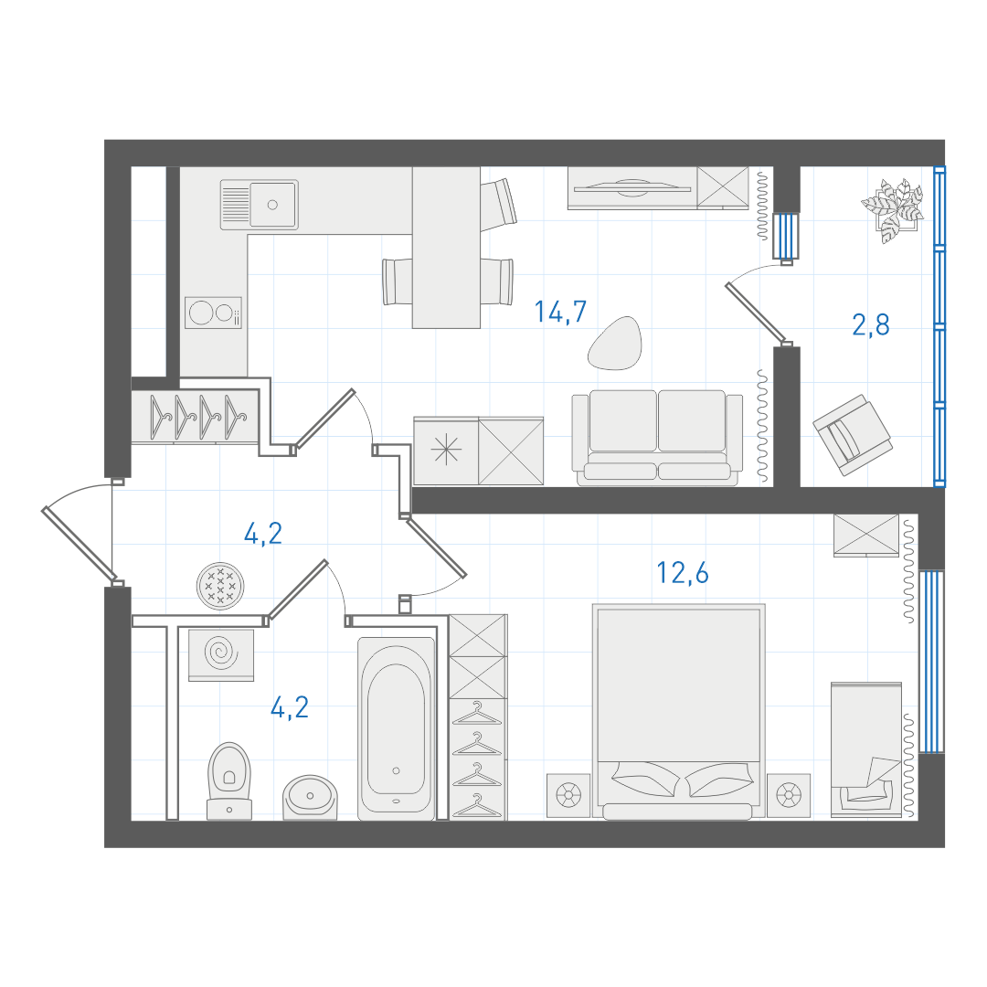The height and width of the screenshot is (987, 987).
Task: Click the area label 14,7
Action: click(x=560, y=312)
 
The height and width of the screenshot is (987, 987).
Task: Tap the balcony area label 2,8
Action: click(x=871, y=324)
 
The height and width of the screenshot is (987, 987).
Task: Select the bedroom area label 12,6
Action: click(x=683, y=573)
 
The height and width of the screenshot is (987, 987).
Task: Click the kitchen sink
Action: click(x=260, y=205)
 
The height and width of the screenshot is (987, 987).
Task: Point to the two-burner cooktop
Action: click(x=213, y=313)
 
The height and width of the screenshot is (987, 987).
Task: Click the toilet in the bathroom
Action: click(x=229, y=780)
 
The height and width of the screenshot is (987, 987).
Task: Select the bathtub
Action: click(x=396, y=728)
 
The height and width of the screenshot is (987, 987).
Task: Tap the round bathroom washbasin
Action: click(x=310, y=798)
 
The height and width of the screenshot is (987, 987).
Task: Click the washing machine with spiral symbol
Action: click(x=221, y=654)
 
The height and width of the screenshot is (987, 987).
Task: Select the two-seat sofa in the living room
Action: click(x=657, y=438)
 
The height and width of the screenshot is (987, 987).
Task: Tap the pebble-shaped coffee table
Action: click(x=615, y=343)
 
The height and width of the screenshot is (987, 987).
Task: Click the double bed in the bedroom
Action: click(x=678, y=711)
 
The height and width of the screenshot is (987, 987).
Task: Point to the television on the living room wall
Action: click(x=632, y=188)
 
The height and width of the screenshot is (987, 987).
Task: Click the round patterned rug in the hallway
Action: click(x=220, y=586)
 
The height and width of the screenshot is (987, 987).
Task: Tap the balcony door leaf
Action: click(x=756, y=313)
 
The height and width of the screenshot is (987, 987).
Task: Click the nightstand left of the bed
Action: click(x=568, y=796)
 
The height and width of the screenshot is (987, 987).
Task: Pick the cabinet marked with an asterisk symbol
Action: click(x=446, y=451)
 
